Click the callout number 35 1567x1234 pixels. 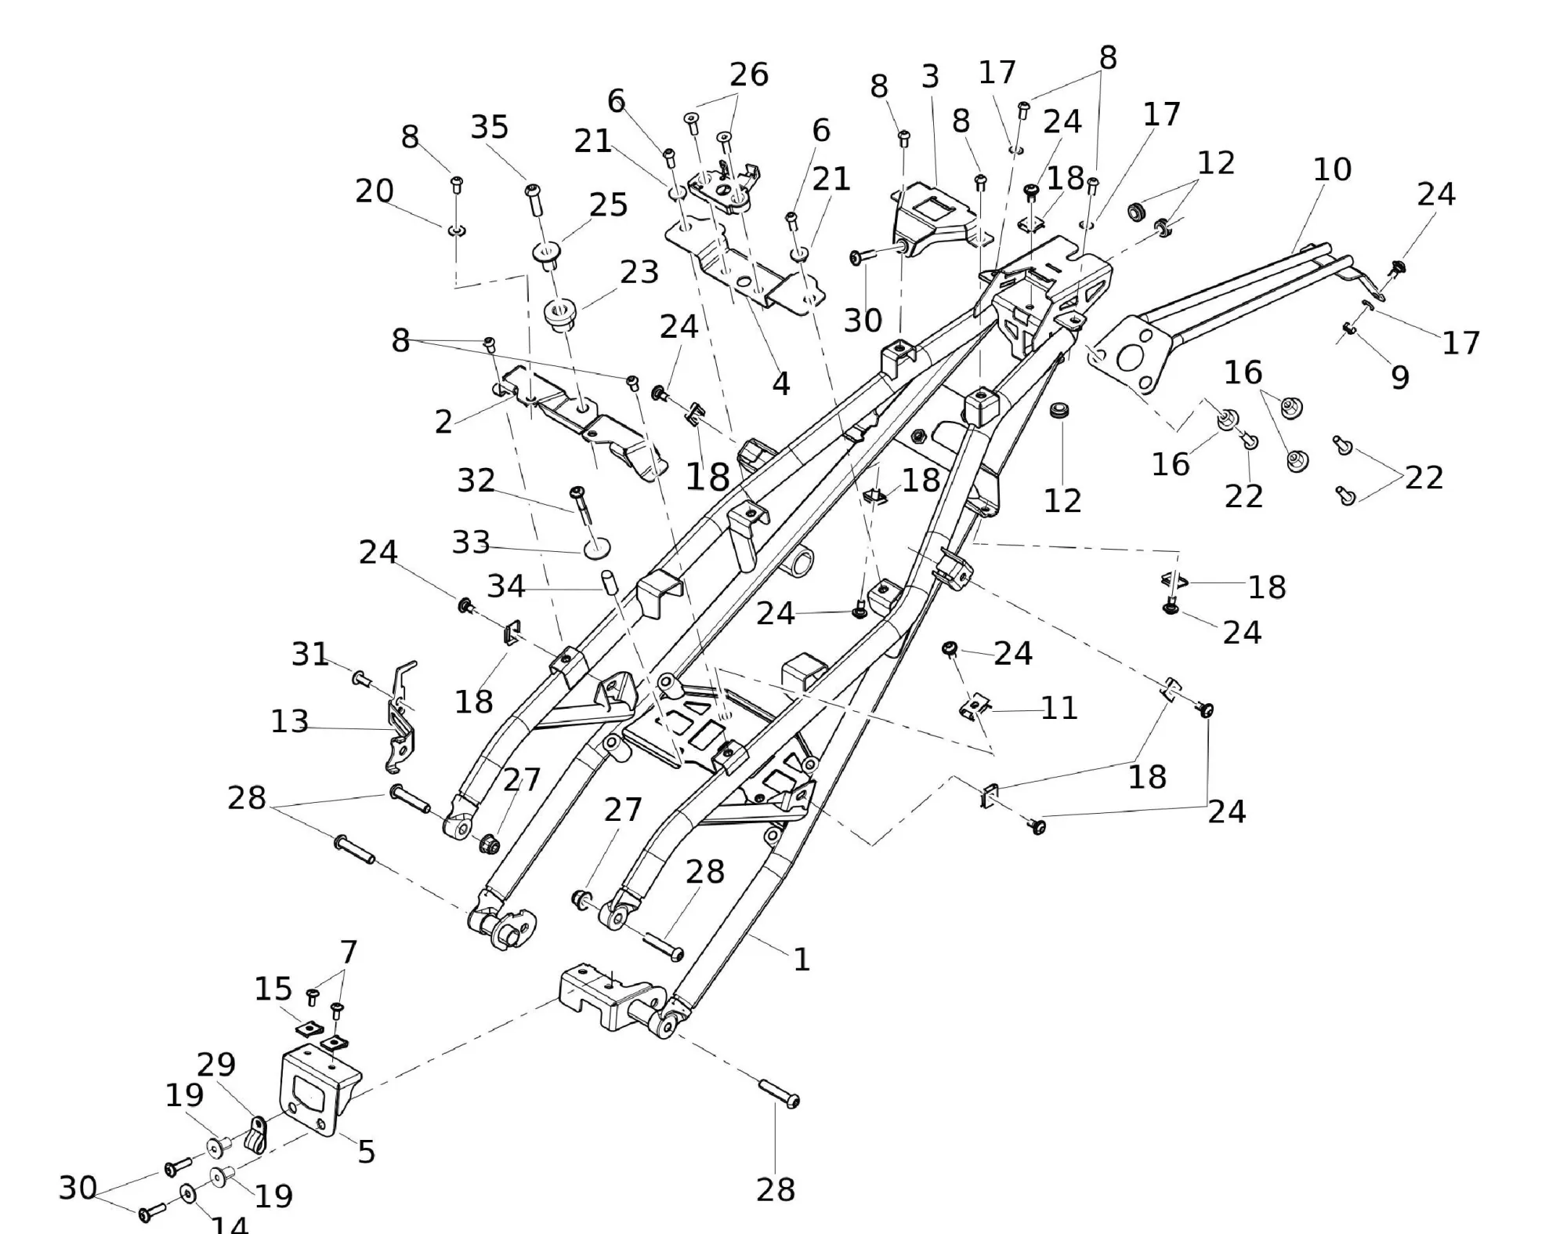[490, 127]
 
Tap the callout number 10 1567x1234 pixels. [1332, 169]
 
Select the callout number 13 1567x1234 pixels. [289, 722]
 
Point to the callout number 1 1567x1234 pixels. [801, 960]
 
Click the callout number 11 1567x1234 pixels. [1059, 708]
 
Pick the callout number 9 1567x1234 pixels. [1400, 378]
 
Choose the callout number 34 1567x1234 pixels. [506, 586]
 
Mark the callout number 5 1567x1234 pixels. [367, 1152]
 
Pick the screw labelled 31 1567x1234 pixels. [361, 677]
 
